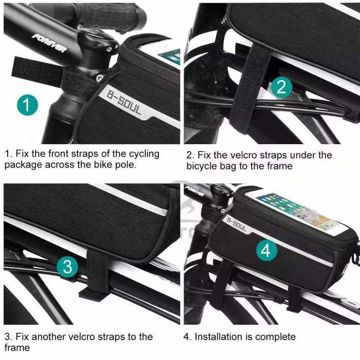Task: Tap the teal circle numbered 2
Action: (x=282, y=87)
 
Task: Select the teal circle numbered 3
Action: (x=67, y=267)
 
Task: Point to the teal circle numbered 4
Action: (x=266, y=250)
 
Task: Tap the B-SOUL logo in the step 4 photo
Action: (x=237, y=224)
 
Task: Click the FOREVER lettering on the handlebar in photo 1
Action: (x=49, y=42)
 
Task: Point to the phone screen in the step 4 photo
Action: (x=297, y=212)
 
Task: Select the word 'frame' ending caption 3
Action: (x=17, y=347)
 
